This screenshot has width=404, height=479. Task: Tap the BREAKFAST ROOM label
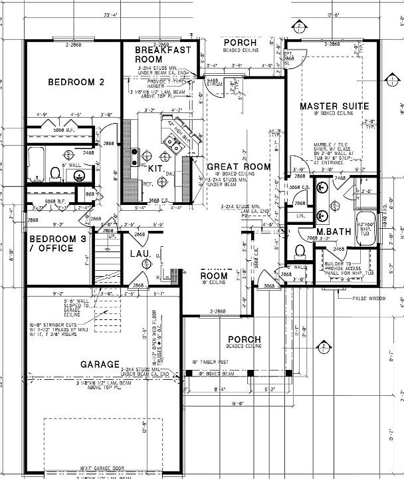163,55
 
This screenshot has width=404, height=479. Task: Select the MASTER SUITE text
331,106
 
